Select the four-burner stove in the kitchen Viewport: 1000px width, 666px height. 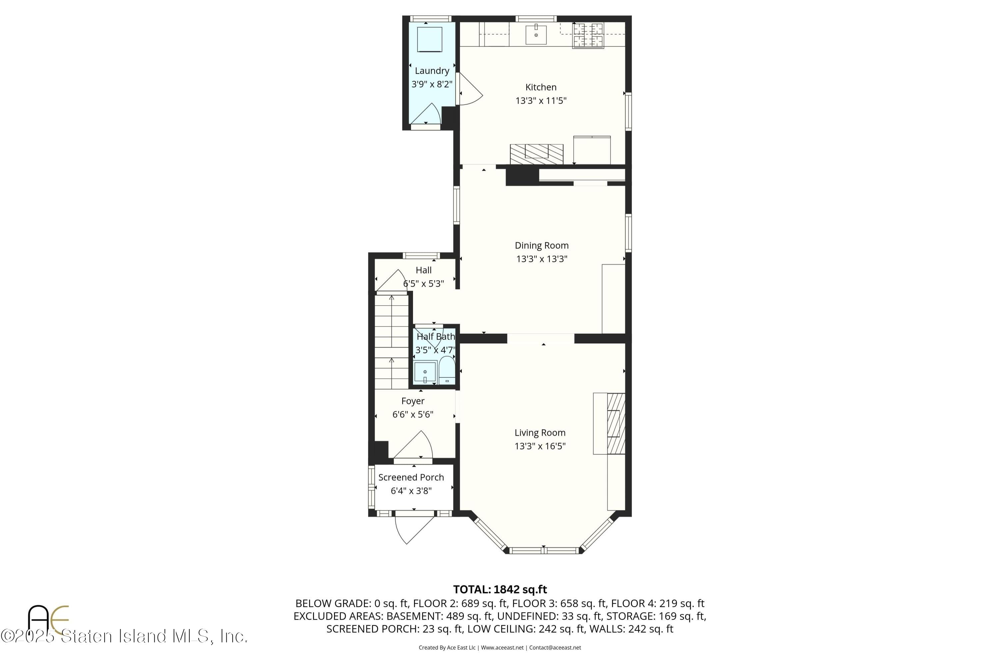(x=588, y=35)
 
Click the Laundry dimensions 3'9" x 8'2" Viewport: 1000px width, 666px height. (x=431, y=84)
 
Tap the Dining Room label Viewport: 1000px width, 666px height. (x=541, y=245)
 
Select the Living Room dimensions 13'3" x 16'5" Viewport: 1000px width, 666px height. (x=540, y=446)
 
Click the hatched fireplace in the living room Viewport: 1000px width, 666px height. (x=616, y=423)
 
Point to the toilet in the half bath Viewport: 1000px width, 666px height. (x=446, y=370)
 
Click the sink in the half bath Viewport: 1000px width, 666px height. (x=425, y=372)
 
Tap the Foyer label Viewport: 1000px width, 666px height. (x=412, y=401)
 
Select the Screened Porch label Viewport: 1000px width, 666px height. (x=411, y=477)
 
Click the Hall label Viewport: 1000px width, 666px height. (x=423, y=270)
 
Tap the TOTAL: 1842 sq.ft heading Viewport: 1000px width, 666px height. (x=499, y=590)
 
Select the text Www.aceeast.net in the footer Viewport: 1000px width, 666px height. (x=502, y=648)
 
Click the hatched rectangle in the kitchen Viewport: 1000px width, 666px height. (x=536, y=154)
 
